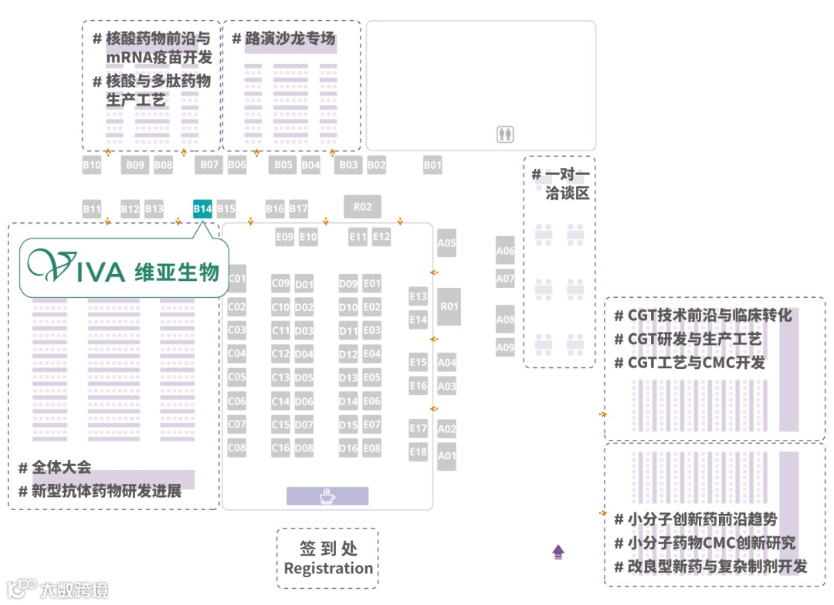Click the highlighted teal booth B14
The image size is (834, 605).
tap(202, 209)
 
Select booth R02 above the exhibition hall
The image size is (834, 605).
tap(363, 207)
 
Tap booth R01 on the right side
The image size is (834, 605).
tap(449, 306)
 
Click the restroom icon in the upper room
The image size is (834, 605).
tap(506, 135)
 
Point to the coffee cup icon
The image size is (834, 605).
tap(327, 495)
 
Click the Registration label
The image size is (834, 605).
tap(328, 569)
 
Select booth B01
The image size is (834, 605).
tap(432, 165)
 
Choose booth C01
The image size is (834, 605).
tap(237, 279)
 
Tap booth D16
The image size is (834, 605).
tap(348, 448)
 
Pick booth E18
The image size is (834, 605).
tap(418, 452)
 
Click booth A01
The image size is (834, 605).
tap(447, 456)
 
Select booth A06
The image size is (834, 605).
tap(505, 251)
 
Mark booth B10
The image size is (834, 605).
tap(92, 165)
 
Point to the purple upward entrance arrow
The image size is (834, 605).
tap(558, 552)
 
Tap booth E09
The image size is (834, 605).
tap(285, 238)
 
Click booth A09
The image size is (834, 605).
tap(505, 347)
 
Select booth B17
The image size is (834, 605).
tap(299, 209)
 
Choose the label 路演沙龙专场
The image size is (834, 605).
tap(290, 39)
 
